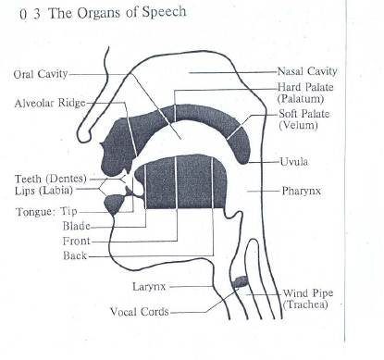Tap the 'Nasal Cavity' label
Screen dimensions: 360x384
[307, 70]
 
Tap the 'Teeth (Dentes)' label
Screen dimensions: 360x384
[51, 178]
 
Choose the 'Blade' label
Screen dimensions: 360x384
[76, 226]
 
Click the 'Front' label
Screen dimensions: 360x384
[76, 241]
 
